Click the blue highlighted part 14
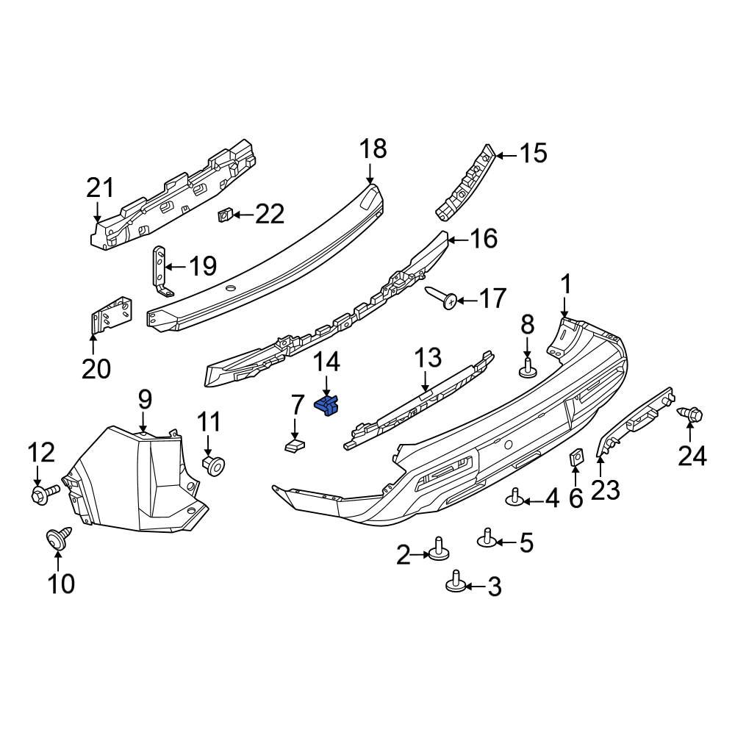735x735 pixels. coord(327,404)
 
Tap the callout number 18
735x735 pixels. coord(373,149)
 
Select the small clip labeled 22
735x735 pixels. coord(226,215)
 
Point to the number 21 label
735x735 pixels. coord(101,188)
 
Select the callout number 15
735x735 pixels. coord(534,154)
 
